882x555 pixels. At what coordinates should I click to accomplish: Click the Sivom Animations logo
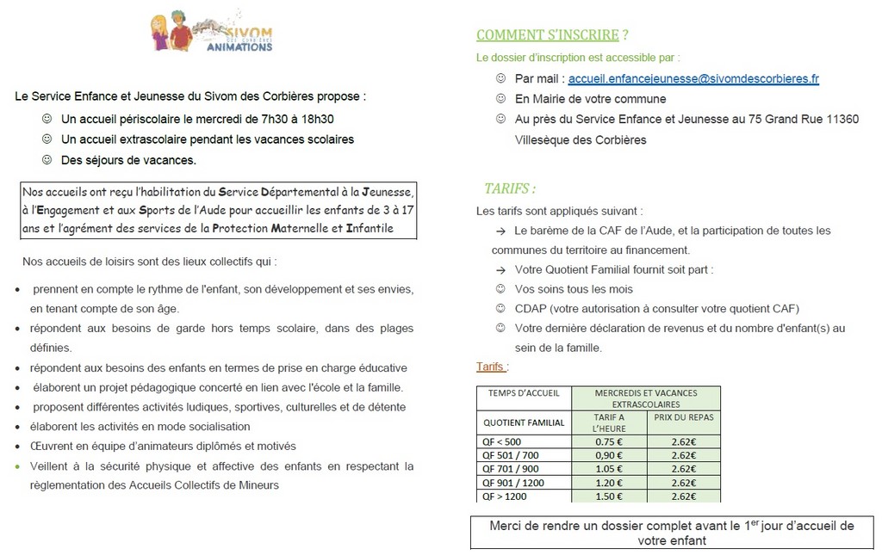click(211, 33)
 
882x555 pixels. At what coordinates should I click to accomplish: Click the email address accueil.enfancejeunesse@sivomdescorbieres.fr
click(693, 78)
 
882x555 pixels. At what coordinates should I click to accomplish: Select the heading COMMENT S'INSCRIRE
click(548, 35)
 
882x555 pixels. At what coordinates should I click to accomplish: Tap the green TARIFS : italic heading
click(510, 188)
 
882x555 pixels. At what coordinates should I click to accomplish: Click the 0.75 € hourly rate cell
click(609, 442)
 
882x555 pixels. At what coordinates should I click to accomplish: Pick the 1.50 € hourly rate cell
click(609, 496)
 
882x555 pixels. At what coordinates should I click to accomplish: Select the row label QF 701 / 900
click(511, 470)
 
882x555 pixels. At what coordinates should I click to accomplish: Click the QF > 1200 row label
click(505, 496)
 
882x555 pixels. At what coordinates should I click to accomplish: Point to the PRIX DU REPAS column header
click(684, 417)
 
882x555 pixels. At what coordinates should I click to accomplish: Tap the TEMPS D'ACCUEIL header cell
click(524, 393)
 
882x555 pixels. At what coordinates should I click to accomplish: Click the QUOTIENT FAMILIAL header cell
click(524, 422)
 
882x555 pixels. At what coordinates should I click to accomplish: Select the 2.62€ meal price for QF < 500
click(684, 442)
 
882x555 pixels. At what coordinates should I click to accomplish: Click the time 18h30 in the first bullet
click(316, 120)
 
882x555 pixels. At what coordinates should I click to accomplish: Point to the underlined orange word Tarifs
click(490, 367)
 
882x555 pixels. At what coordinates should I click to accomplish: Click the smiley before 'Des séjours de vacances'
click(47, 160)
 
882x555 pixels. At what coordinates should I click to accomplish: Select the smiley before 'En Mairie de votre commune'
click(500, 99)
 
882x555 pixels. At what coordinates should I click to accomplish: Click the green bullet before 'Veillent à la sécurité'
click(17, 466)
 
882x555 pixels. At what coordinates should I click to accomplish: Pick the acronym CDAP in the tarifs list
click(533, 308)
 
